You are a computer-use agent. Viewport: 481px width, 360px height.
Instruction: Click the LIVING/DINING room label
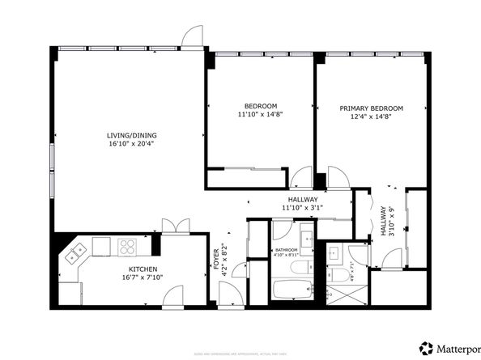(x=129, y=135)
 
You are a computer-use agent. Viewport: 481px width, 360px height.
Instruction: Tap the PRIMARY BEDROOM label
(x=371, y=108)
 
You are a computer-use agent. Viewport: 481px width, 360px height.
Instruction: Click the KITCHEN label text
(x=143, y=269)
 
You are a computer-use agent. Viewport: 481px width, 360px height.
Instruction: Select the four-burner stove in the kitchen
(x=128, y=246)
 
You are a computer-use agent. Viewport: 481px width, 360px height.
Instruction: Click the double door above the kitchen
(x=174, y=227)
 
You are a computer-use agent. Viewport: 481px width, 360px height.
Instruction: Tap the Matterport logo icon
(x=425, y=349)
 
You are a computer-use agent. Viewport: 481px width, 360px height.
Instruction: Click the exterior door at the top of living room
(x=191, y=36)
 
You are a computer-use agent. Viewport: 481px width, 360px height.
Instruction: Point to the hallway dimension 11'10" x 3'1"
(x=302, y=207)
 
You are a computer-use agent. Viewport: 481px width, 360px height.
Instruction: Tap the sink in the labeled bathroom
(x=309, y=239)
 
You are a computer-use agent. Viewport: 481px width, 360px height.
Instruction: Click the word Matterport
(x=458, y=349)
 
